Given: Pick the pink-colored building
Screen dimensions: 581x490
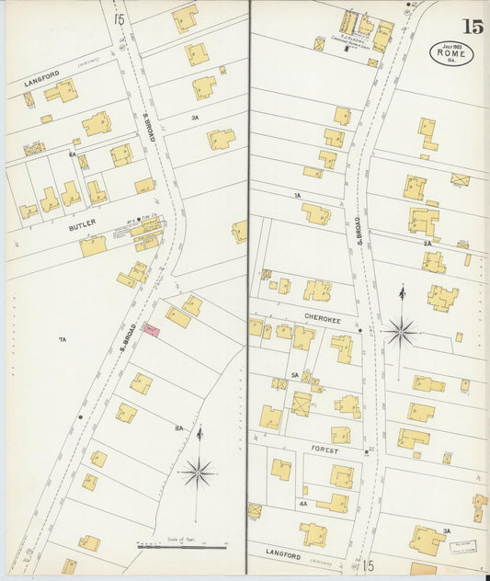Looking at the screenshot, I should coord(151,329).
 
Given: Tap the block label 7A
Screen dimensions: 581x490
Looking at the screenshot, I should coord(63,340).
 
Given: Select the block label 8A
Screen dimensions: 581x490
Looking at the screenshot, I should coord(180,428).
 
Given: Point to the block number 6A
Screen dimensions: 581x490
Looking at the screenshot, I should coord(71,155).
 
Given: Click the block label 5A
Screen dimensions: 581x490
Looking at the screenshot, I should coord(295,375).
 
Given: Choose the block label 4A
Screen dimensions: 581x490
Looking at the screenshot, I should coord(302,504).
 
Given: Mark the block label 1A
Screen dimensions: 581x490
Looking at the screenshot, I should coord(297,196).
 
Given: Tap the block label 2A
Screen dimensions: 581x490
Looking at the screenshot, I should coord(427,243).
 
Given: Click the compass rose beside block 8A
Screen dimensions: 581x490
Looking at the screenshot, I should coord(198,472).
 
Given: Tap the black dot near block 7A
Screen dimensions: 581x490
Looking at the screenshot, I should coord(81,416).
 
